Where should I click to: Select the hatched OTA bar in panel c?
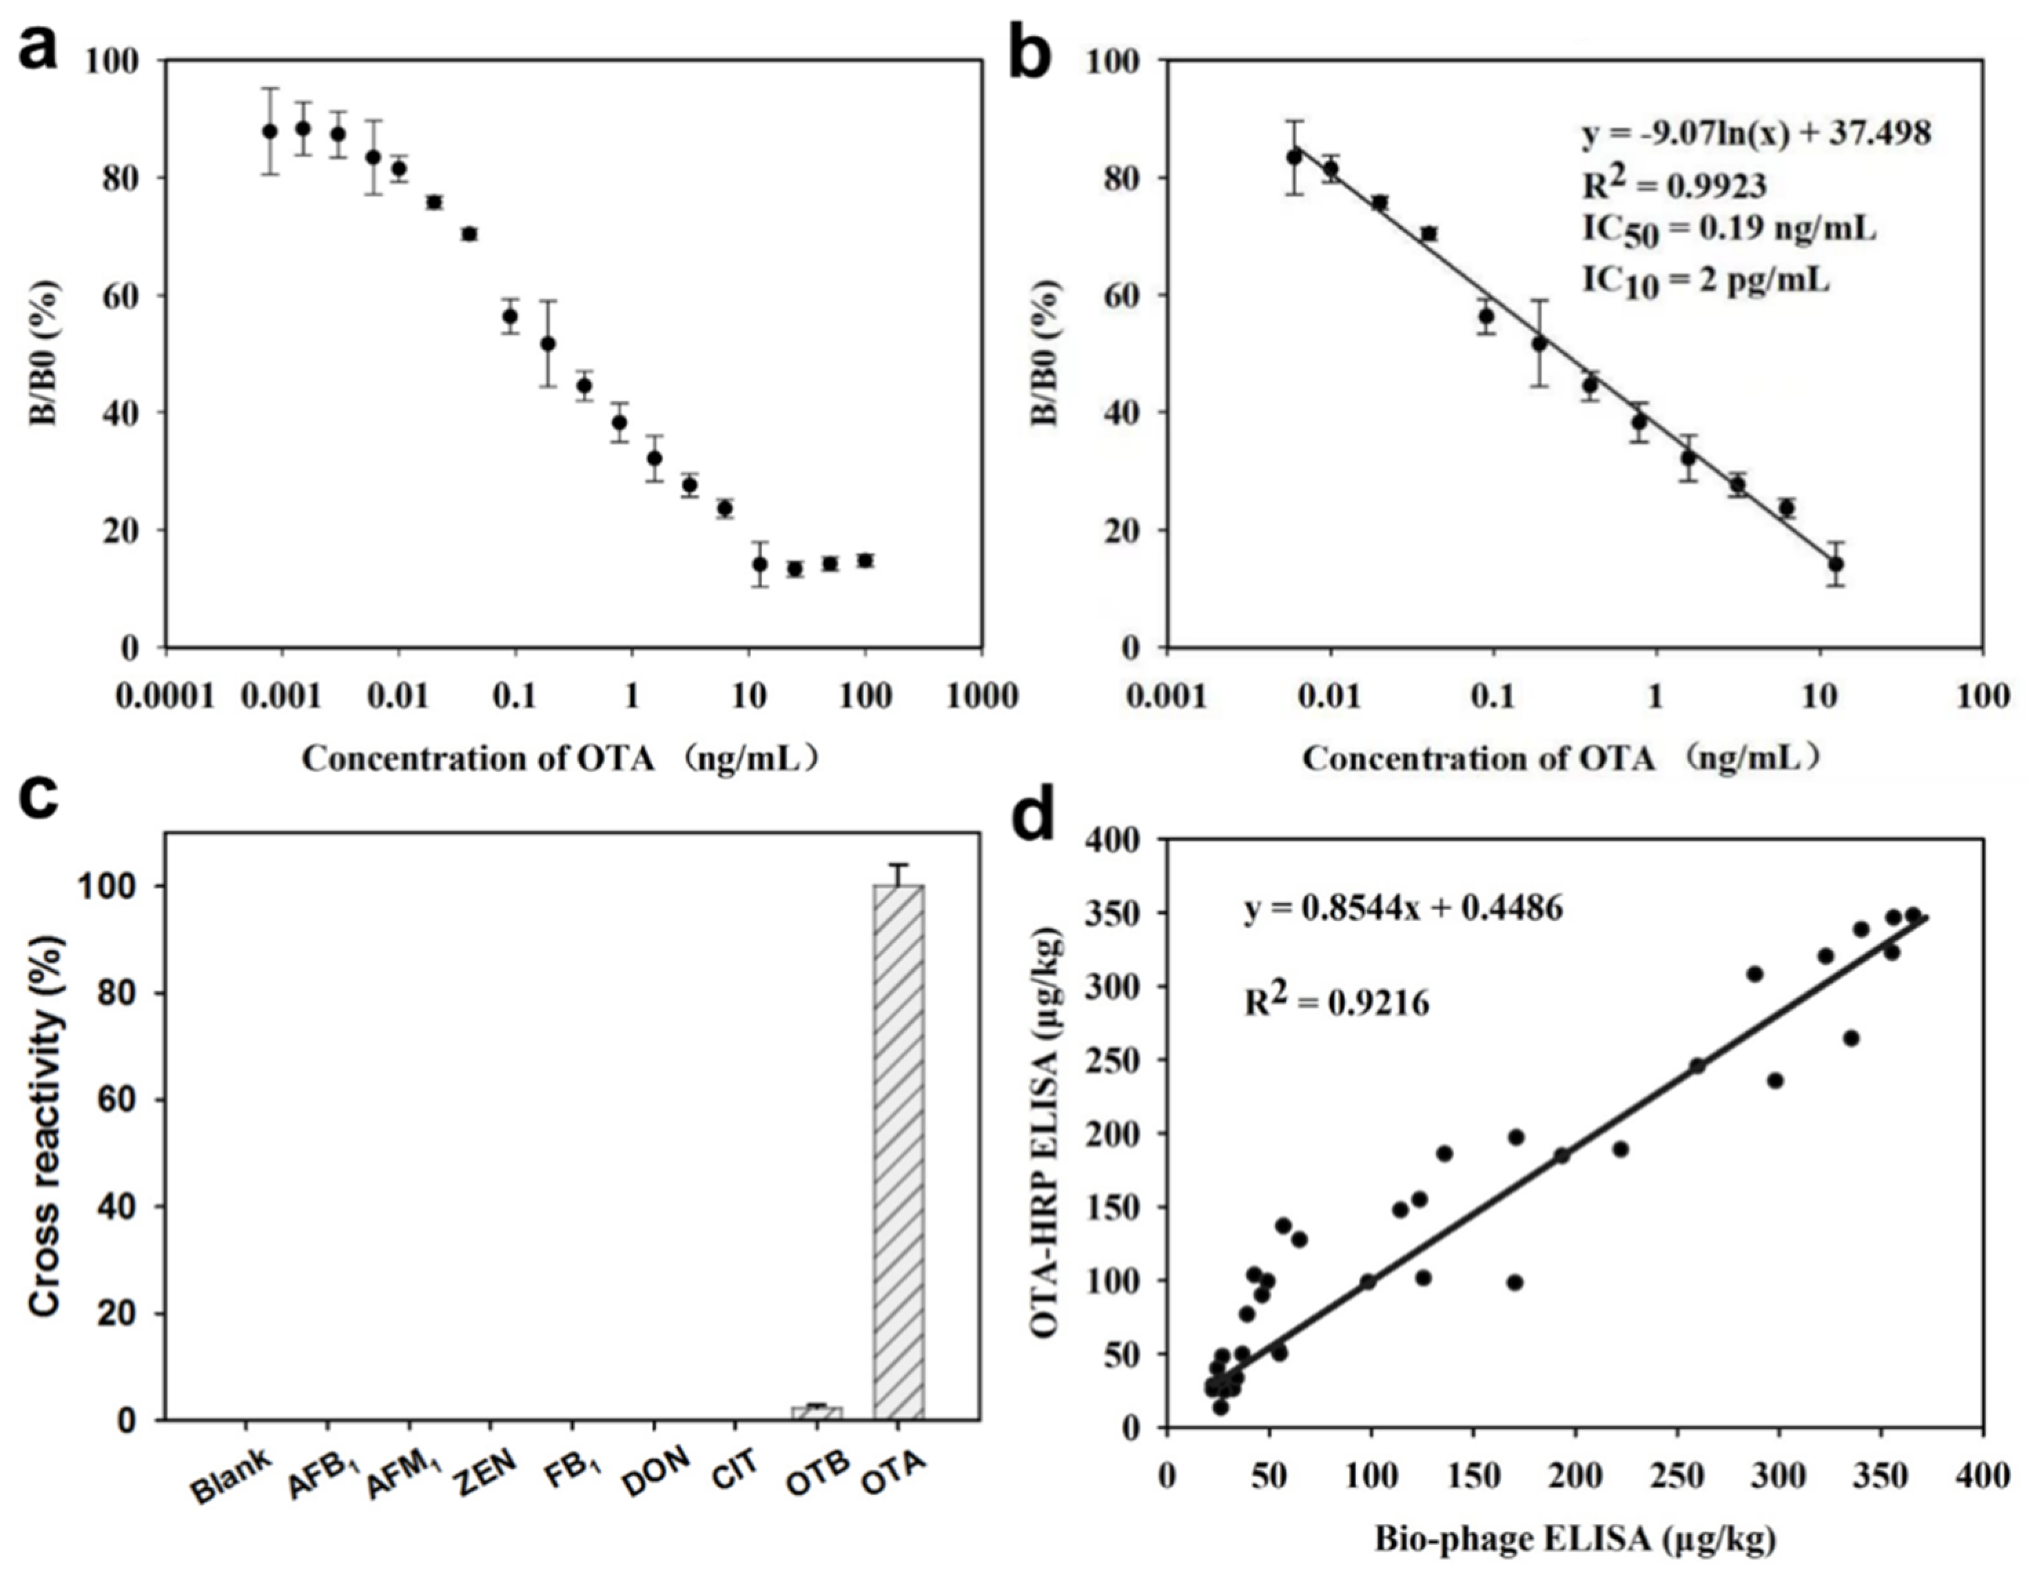pyautogui.click(x=898, y=1152)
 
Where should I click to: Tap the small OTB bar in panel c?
pyautogui.click(x=816, y=1412)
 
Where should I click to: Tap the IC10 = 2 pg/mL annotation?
pyautogui.click(x=1706, y=278)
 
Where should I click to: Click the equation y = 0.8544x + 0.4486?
pyautogui.click(x=1403, y=907)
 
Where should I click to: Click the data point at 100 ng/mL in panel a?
pyautogui.click(x=865, y=560)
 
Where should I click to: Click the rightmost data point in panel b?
pyautogui.click(x=1835, y=564)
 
